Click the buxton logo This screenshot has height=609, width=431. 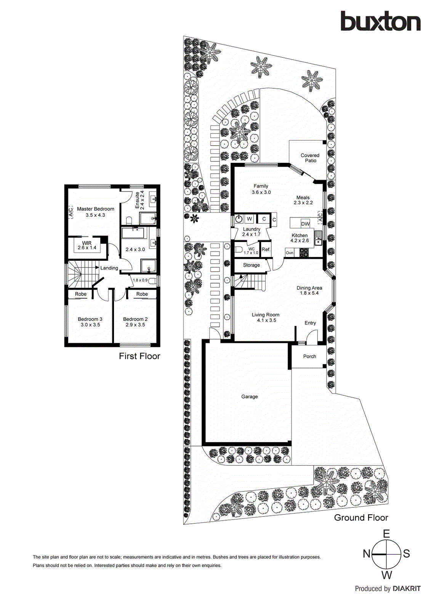[380, 21]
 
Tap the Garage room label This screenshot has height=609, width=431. [250, 397]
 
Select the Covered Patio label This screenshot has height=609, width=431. [310, 158]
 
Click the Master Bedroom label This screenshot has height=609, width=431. [96, 212]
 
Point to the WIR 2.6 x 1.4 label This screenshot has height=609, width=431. [87, 246]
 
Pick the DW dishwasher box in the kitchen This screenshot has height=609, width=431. [305, 224]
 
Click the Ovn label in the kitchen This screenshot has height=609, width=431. [290, 253]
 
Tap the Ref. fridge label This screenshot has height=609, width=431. [266, 250]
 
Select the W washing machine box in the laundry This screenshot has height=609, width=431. [249, 219]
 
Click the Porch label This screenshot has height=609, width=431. [309, 357]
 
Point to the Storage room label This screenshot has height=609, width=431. [251, 265]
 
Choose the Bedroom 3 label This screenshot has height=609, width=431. [90, 322]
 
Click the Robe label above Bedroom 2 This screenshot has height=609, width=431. [142, 294]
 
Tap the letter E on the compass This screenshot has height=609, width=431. [386, 534]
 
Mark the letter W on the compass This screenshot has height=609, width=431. [386, 575]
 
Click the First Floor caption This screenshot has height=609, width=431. [139, 356]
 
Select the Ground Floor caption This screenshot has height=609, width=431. [361, 518]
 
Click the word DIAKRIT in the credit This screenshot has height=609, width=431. [406, 589]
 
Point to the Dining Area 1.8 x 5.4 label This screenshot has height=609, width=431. [309, 290]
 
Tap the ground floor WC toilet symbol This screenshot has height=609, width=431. [239, 250]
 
